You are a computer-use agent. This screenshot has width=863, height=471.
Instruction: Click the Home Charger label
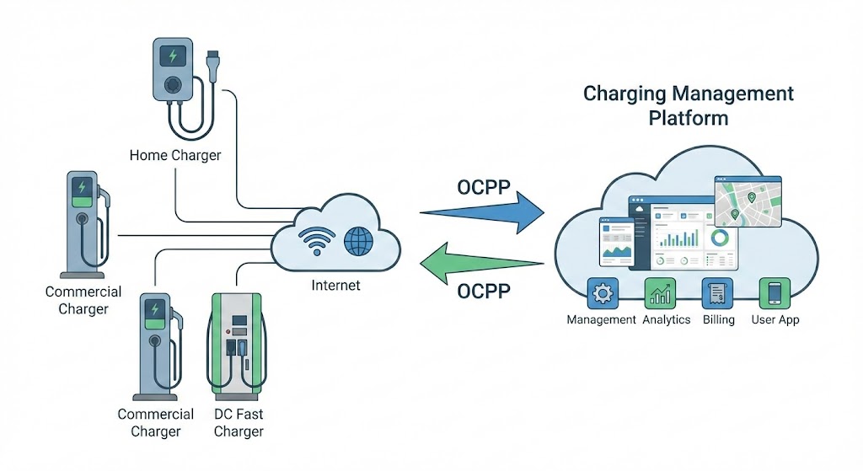(175, 155)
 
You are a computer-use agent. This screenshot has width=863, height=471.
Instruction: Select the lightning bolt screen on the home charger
(174, 56)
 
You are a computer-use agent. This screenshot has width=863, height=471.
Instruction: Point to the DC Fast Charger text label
(239, 423)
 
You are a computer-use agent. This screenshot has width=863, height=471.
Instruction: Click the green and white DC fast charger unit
(239, 345)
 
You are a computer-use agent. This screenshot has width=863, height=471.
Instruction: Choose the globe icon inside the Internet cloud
(358, 242)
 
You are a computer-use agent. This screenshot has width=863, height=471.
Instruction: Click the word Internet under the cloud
(335, 286)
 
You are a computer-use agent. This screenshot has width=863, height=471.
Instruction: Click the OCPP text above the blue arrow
(483, 187)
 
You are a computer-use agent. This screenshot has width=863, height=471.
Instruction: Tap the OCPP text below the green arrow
(483, 292)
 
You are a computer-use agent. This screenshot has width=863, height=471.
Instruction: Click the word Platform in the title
(688, 117)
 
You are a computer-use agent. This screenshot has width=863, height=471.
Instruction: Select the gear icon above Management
(602, 292)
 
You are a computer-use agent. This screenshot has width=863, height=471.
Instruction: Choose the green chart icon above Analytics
(659, 292)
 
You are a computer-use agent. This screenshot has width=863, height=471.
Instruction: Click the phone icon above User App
(775, 292)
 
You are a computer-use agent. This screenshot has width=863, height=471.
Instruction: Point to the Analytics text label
(666, 320)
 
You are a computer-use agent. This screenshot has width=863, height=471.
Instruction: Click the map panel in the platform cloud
(748, 201)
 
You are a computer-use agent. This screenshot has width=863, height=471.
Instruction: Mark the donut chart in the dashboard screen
(720, 238)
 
